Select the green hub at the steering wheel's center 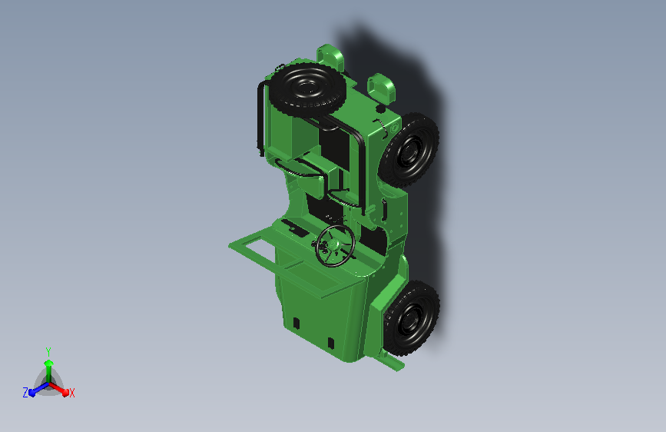(x=333, y=244)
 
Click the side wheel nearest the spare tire (x=409, y=150)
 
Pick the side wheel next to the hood (x=411, y=318)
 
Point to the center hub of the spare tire (x=306, y=88)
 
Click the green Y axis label (x=48, y=351)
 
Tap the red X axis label (x=71, y=394)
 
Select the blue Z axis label (x=25, y=393)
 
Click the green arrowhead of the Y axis (x=49, y=363)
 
